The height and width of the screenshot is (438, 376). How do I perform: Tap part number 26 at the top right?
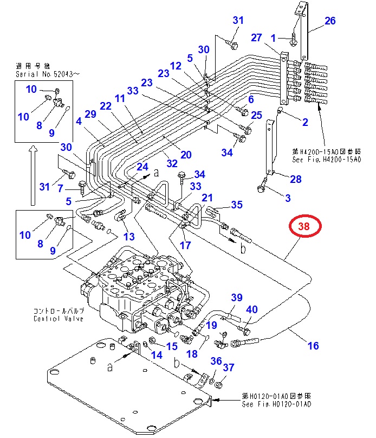click(x=330, y=21)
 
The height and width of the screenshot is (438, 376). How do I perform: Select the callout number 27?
click(x=256, y=37)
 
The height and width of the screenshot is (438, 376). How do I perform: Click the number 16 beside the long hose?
click(x=313, y=345)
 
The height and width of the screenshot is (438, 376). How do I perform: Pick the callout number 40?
click(x=252, y=310)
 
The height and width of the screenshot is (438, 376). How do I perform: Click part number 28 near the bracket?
click(x=296, y=179)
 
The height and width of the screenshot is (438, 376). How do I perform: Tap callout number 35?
click(x=237, y=205)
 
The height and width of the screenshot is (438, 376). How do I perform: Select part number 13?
click(x=128, y=237)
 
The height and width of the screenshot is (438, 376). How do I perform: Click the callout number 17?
click(x=185, y=245)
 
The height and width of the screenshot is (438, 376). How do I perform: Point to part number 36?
click(x=216, y=361)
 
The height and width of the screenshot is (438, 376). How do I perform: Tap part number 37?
click(x=229, y=367)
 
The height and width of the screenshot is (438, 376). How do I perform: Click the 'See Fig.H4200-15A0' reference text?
click(x=322, y=159)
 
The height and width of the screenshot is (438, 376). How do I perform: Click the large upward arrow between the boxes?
click(x=34, y=174)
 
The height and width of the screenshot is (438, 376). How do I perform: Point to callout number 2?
click(x=305, y=122)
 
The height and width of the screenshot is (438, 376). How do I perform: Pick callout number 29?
click(x=90, y=114)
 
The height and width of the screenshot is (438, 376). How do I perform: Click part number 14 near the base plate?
click(x=157, y=356)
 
